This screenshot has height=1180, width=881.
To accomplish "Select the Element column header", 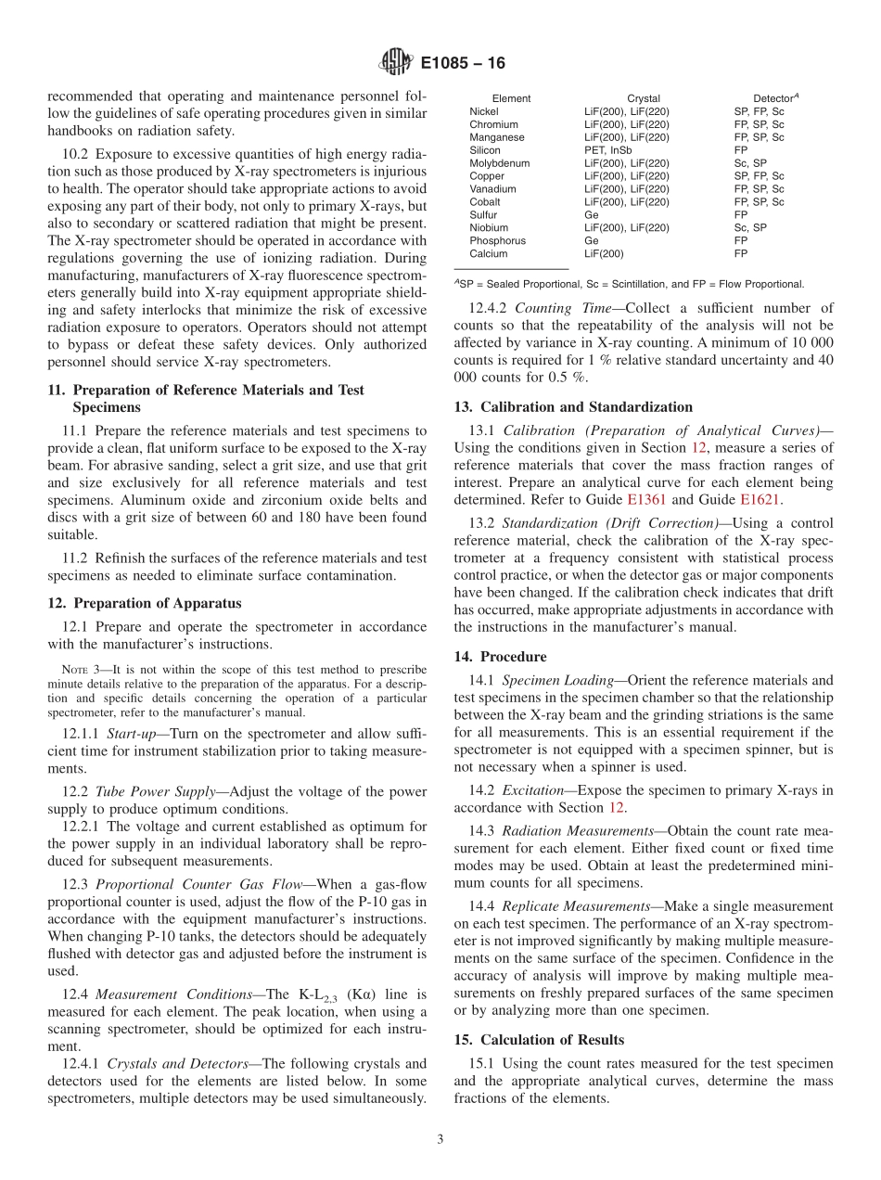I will tap(511, 98).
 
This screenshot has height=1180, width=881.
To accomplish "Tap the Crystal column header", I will tap(644, 98).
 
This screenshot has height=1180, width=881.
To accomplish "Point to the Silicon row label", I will tap(485, 150).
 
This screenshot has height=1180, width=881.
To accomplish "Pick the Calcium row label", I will tap(488, 253).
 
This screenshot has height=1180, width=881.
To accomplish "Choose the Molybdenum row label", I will tap(499, 163).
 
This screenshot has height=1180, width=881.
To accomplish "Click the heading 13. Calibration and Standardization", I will tap(572, 407).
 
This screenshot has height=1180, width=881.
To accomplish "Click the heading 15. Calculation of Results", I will tap(539, 1039).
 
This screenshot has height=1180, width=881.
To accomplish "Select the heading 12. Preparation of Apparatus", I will tap(144, 603).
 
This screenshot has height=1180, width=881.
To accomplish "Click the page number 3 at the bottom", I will tap(440, 1139).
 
